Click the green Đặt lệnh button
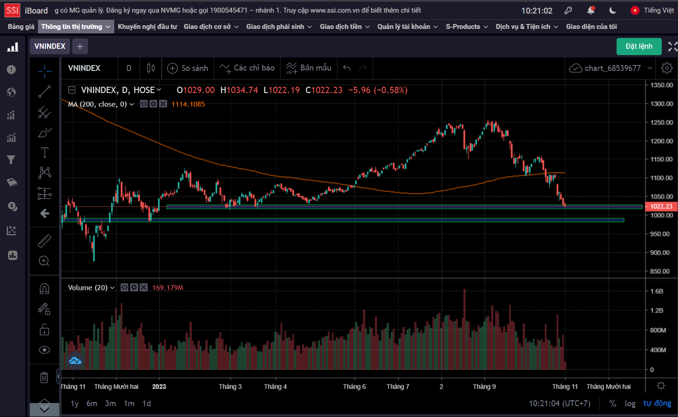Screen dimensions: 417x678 (x=639, y=46)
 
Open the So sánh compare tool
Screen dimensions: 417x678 (x=188, y=68)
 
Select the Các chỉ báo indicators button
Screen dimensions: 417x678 (x=247, y=68)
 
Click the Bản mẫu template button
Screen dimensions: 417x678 (x=309, y=68)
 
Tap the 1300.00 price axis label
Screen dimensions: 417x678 (x=661, y=104)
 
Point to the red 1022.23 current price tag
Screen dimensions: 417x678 (x=661, y=206)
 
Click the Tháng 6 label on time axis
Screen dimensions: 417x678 (x=355, y=387)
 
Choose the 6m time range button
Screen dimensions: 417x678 (x=92, y=403)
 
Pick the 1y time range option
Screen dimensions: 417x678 (x=75, y=403)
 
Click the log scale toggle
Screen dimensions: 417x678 (x=630, y=403)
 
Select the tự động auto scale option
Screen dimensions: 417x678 (x=657, y=403)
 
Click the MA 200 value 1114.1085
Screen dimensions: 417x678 (x=188, y=104)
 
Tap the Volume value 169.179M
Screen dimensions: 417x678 (x=168, y=288)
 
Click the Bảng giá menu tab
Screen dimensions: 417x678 (x=21, y=27)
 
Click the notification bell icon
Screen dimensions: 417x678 (x=591, y=10)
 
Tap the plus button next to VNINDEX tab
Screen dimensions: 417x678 (x=80, y=46)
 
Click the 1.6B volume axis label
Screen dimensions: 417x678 (x=657, y=291)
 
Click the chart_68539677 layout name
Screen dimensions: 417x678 (x=613, y=68)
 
